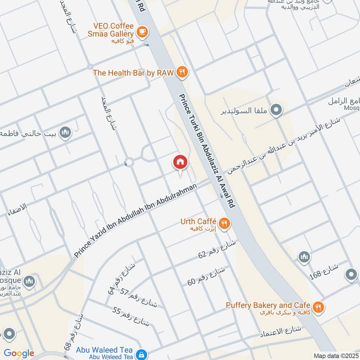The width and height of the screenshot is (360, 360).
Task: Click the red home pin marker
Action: [x=180, y=162]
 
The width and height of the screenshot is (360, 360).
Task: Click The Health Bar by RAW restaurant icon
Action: [x=182, y=72]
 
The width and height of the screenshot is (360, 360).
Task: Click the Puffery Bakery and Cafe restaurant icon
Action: [x=319, y=307]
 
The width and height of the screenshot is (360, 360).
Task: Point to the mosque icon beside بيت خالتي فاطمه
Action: [x=66, y=133]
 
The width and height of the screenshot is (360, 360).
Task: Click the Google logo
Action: [x=18, y=353]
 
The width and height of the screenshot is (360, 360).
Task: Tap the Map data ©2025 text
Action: [x=335, y=355]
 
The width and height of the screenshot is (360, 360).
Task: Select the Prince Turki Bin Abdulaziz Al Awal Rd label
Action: [x=207, y=149]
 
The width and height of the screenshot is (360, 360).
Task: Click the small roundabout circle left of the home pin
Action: [x=129, y=162]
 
